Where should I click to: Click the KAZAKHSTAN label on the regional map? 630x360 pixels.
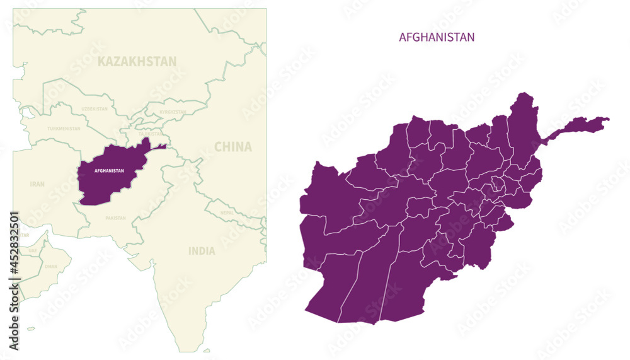[x=137, y=61]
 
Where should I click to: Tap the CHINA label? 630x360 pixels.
[x=232, y=147]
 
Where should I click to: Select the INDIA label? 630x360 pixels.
[x=202, y=251]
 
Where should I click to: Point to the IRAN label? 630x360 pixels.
[x=37, y=184]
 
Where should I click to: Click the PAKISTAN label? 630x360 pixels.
[x=115, y=218]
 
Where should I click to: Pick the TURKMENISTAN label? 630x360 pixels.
[x=64, y=129]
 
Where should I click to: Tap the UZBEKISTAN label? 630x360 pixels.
[x=94, y=109]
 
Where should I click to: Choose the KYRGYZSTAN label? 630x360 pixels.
[x=173, y=112]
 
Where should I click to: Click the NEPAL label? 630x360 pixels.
[x=227, y=213]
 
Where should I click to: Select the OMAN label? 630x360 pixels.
[x=51, y=266]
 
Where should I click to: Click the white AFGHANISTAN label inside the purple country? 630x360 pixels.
[x=108, y=171]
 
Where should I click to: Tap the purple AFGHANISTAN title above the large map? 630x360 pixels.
[x=437, y=37]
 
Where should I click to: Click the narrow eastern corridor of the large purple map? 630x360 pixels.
[x=576, y=125]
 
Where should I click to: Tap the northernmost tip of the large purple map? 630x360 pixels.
[x=522, y=94]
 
